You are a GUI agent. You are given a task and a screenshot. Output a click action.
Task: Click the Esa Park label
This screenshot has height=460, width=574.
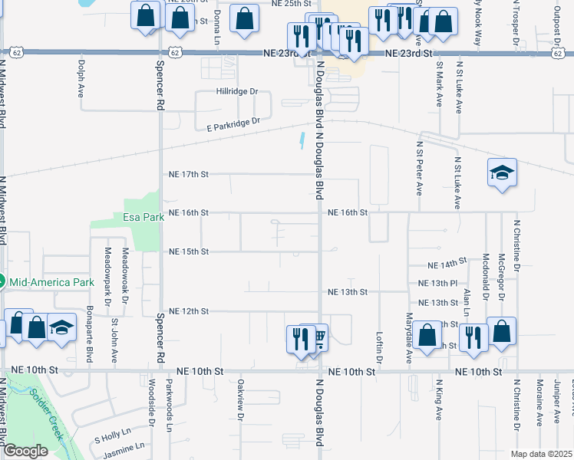pyautogui.click(x=144, y=217)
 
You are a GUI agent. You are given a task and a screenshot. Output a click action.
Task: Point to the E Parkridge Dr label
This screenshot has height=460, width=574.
pyautogui.click(x=228, y=123)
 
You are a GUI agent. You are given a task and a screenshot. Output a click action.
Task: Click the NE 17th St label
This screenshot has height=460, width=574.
pyautogui.click(x=189, y=174)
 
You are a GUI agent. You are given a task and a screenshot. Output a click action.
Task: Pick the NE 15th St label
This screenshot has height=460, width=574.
pyautogui.click(x=189, y=251)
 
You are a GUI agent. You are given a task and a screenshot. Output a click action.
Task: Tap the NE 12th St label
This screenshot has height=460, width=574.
pyautogui.click(x=189, y=310)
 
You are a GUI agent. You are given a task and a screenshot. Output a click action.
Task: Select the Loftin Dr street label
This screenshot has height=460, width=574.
pyautogui.click(x=379, y=347)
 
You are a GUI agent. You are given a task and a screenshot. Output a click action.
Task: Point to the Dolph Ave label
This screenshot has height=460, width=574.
pyautogui.click(x=81, y=79)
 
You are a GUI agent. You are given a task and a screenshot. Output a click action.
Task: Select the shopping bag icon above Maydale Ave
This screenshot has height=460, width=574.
pyautogui.click(x=427, y=334)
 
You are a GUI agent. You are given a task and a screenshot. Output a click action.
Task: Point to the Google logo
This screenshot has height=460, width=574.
pyautogui.click(x=25, y=452)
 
